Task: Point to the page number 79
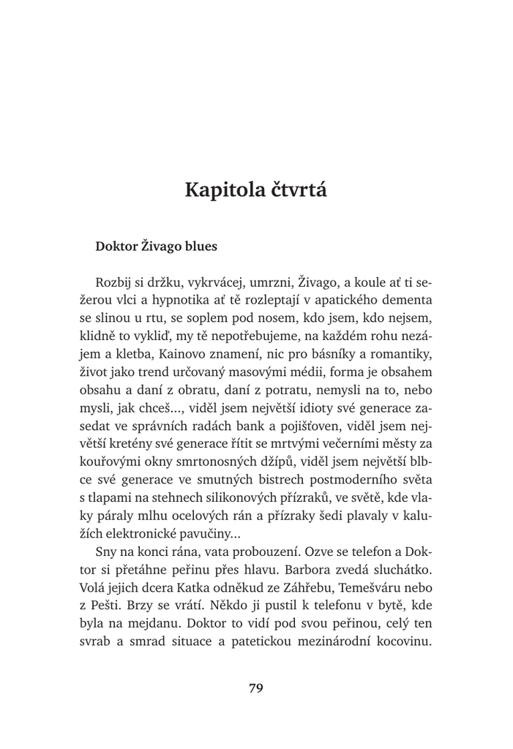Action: tap(256, 688)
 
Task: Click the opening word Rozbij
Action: tap(114, 282)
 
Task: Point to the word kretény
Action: tap(121, 443)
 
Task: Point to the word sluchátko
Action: tap(403, 568)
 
